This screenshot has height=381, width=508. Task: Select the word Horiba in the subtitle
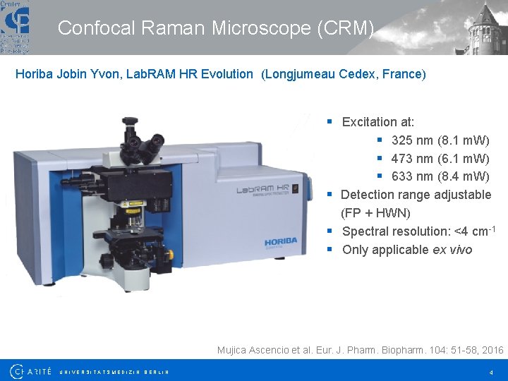pos(33,73)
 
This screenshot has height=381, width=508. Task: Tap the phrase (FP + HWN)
pos(375,213)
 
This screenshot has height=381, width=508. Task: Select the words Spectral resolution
pos(396,231)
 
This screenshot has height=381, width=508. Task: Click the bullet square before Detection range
pos(329,195)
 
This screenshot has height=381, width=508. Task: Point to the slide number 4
pos(490,372)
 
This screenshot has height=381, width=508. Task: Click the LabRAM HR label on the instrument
pos(262,190)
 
